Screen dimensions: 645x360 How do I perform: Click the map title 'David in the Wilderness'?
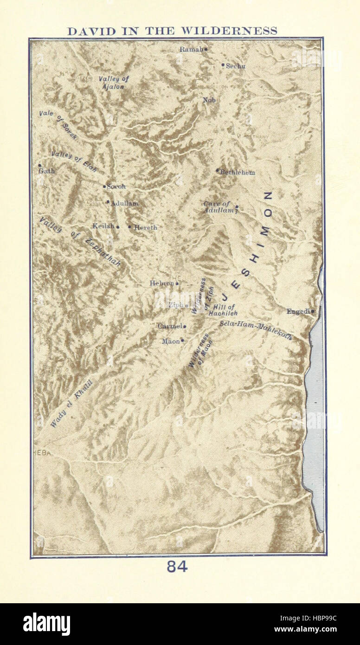[x=172, y=31]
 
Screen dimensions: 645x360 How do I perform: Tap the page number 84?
[x=177, y=567]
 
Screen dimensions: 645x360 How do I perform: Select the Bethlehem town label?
[x=237, y=172]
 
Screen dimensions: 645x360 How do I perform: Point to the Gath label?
[x=46, y=171]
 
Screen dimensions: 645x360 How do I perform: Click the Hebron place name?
[x=161, y=283]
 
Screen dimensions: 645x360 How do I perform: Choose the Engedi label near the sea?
[x=298, y=311]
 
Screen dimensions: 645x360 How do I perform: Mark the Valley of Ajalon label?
[x=113, y=82]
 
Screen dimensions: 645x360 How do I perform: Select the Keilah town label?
[x=103, y=226]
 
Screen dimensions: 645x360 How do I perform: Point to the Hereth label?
[x=145, y=227]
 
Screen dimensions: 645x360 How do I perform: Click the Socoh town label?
[x=116, y=187]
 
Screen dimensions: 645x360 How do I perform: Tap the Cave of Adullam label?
[x=217, y=207]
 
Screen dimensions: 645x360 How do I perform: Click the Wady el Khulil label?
[x=71, y=404]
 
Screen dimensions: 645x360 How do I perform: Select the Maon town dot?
[x=182, y=340]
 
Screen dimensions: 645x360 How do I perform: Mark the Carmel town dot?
[x=185, y=326]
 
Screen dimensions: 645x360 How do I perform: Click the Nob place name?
[x=209, y=100]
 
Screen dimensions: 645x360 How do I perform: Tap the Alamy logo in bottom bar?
[x=46, y=624]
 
